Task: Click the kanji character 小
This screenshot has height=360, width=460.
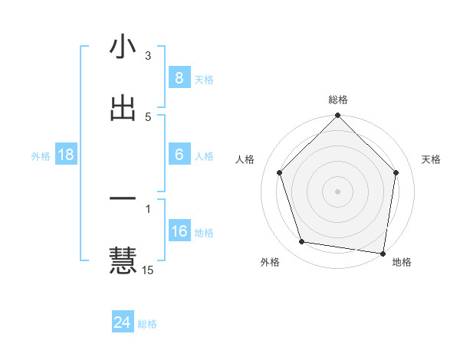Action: point(123,47)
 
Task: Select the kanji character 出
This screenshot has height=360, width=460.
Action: point(123,108)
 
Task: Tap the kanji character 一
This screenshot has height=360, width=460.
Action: point(123,199)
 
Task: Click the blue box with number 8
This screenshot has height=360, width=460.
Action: point(179,77)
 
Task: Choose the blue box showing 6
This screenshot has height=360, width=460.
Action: point(179,155)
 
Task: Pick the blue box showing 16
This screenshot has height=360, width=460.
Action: point(179,231)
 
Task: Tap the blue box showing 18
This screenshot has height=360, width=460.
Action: point(66,155)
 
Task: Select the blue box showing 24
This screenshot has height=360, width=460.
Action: point(123,322)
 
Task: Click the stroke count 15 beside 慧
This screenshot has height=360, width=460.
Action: point(149,270)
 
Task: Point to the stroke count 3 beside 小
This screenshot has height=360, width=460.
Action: point(148,56)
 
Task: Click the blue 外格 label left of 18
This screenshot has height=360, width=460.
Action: point(41,155)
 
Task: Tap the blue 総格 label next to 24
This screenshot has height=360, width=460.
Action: point(147,324)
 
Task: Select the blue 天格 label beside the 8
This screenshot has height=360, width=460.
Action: point(204,79)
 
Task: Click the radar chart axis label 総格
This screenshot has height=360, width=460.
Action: point(337,100)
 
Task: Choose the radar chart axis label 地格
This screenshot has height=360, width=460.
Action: point(402,262)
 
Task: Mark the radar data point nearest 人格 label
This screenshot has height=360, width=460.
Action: point(279,172)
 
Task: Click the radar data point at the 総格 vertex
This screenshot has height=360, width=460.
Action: point(337,116)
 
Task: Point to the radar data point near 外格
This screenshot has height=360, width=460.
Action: point(302,242)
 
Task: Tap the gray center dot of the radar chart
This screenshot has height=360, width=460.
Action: point(337,191)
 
